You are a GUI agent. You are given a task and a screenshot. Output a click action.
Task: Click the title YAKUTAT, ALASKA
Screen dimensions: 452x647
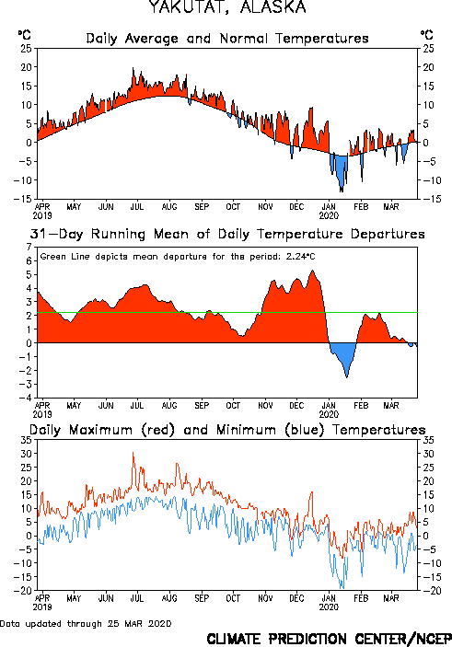coord(227,6)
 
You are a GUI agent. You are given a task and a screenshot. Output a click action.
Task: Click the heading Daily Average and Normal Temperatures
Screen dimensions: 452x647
coord(227,39)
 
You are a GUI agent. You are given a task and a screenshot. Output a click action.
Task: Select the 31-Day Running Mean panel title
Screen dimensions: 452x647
coord(227,234)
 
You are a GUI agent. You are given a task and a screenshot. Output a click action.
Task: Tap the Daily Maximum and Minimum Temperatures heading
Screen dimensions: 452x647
coord(227,430)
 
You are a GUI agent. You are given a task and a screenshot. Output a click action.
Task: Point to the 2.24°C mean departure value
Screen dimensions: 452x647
coord(300,257)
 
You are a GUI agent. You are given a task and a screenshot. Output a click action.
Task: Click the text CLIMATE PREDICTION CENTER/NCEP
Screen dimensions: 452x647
coord(329,639)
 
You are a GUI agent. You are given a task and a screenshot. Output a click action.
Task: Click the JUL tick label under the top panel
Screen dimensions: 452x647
coord(137,206)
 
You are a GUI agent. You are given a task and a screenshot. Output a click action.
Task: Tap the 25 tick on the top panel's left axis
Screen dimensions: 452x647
coord(26,48)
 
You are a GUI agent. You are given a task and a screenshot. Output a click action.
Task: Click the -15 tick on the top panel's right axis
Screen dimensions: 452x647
coord(429,199)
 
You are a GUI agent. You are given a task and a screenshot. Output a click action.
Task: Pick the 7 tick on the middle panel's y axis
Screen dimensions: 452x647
coord(29,247)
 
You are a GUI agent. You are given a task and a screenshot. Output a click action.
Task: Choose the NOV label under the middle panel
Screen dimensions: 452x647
coord(265,405)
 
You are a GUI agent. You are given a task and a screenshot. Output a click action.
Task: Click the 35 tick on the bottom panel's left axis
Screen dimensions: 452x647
coord(26,440)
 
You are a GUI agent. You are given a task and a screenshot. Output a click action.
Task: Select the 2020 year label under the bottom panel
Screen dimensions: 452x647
coord(329,607)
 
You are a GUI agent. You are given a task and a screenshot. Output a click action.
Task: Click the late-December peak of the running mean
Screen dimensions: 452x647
coord(312,271)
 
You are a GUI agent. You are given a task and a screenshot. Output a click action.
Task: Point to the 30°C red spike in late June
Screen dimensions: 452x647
coord(133,454)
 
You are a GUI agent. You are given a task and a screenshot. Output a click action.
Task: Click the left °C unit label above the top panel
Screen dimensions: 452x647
coord(24,34)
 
